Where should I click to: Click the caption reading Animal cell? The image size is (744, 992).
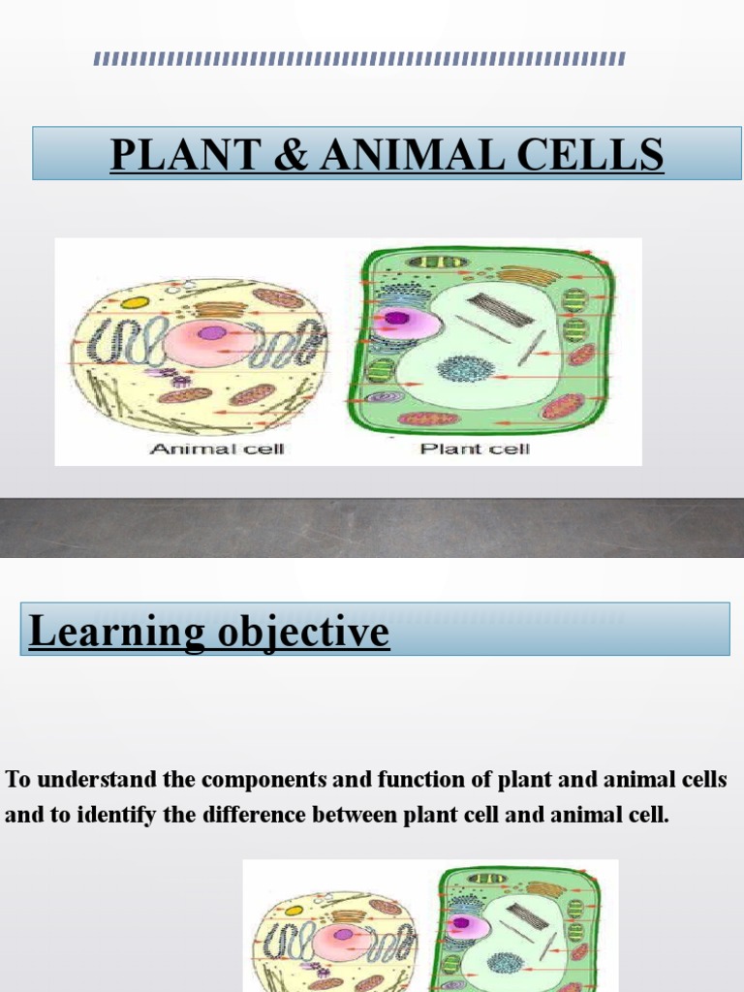click(x=217, y=449)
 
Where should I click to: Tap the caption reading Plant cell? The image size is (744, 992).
click(x=475, y=449)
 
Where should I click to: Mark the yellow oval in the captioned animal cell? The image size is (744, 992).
click(x=135, y=302)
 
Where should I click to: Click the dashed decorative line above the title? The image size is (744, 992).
click(x=359, y=60)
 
